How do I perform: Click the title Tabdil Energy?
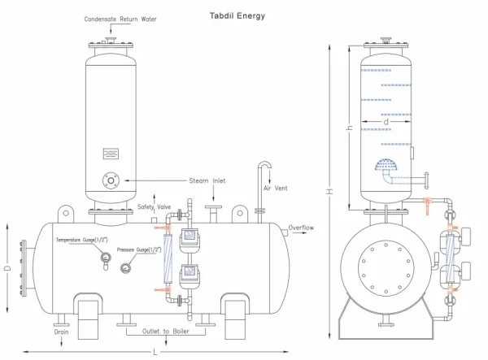click(x=237, y=16)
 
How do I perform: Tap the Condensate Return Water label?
click(x=120, y=19)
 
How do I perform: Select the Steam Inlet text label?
click(x=207, y=180)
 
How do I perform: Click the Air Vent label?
click(x=276, y=188)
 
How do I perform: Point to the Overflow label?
click(x=301, y=228)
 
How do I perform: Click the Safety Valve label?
click(x=154, y=206)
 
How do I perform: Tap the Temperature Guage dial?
click(x=106, y=258)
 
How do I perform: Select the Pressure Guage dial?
click(x=125, y=267)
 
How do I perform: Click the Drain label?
click(x=61, y=332)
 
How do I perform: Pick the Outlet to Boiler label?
click(x=166, y=332)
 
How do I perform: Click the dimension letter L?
click(x=155, y=352)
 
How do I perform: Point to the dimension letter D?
click(x=8, y=267)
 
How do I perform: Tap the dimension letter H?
click(x=329, y=191)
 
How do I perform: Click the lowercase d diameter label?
click(x=386, y=122)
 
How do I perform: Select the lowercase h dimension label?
click(x=351, y=128)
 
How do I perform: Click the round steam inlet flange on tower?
click(x=111, y=180)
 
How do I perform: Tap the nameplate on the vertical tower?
click(x=111, y=154)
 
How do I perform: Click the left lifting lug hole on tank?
click(x=66, y=213)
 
